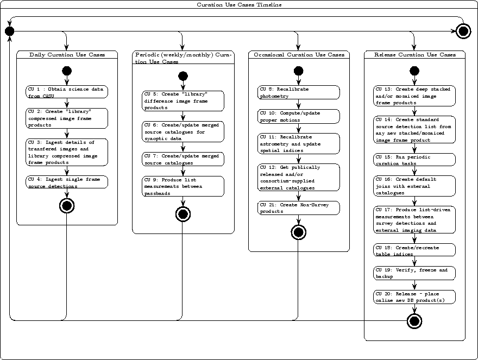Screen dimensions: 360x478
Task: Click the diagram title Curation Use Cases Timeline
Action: point(239,5)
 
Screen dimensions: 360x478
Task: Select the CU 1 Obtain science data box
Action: point(67,92)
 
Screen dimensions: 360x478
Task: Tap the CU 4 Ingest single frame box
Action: point(67,182)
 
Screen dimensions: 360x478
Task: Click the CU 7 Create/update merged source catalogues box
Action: point(183,159)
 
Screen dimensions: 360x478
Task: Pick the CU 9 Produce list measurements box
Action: point(183,186)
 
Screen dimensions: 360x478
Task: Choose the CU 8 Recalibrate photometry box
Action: point(298,92)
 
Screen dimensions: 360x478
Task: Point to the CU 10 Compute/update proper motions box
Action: point(298,116)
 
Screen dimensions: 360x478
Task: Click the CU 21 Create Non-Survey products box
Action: point(298,208)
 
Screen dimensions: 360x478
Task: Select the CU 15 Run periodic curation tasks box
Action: point(415,160)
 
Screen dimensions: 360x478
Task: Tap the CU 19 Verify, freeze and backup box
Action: point(415,273)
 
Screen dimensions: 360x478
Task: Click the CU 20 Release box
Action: point(415,297)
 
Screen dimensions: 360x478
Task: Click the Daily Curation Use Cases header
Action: point(67,55)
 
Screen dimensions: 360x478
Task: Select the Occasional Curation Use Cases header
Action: point(298,55)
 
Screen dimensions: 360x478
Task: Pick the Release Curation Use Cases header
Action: point(415,55)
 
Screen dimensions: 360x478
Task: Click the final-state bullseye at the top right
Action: point(463,31)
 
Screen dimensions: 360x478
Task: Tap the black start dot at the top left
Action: point(9,31)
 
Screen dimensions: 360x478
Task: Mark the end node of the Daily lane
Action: point(67,206)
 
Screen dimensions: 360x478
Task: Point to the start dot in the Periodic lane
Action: point(183,77)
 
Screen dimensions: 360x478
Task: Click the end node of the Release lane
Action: point(415,321)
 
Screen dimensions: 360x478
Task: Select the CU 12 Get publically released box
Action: point(298,178)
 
